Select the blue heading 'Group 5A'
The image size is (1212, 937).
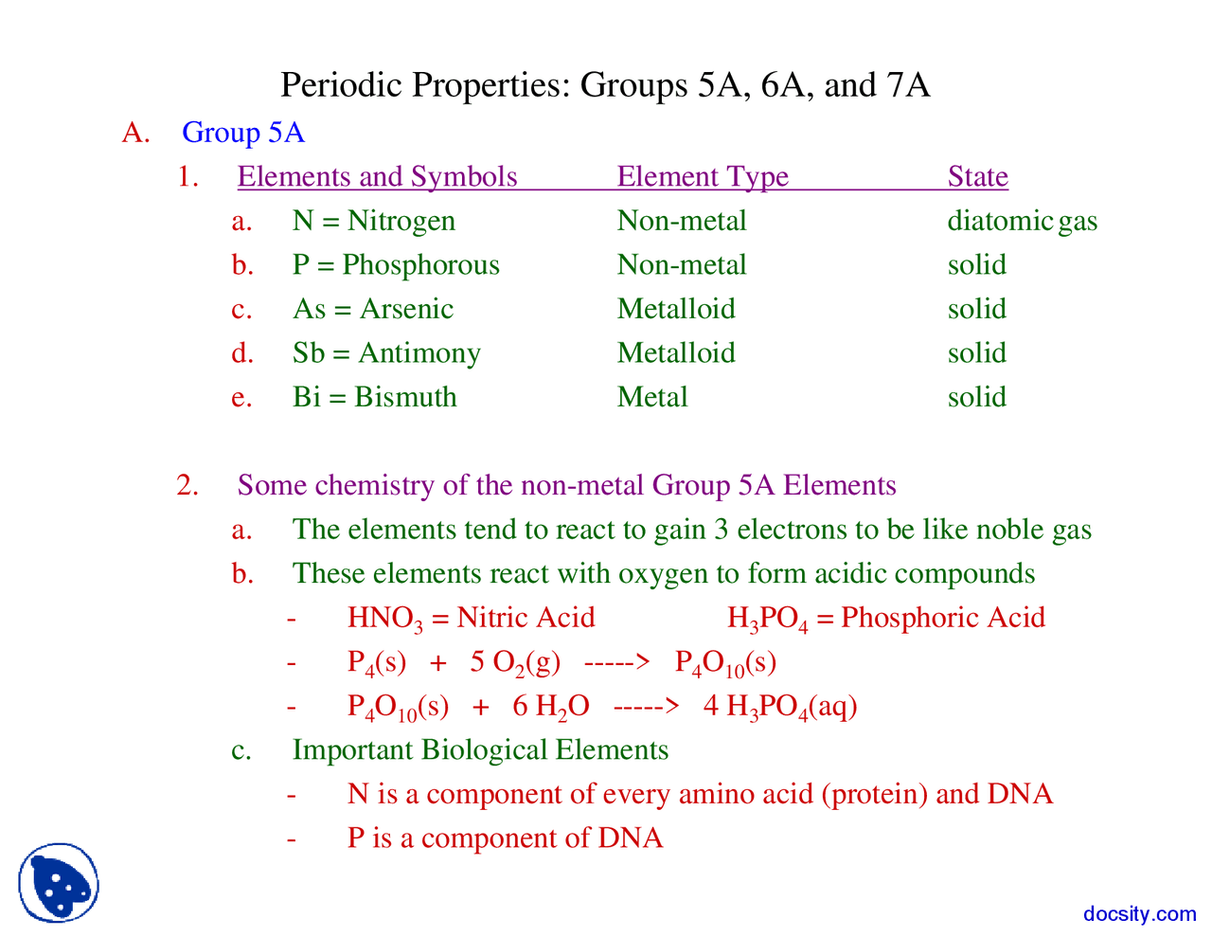pos(243,133)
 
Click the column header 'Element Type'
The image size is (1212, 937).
pos(703,177)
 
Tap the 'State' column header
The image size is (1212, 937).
pos(977,177)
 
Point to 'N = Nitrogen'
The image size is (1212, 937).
pos(373,221)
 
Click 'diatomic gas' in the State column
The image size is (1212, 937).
pos(1022,221)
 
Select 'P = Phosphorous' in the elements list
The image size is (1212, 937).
pos(396,265)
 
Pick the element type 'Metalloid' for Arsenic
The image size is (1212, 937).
pos(676,309)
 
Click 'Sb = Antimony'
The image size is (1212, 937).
pos(386,353)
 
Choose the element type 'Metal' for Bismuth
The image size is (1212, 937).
pos(652,397)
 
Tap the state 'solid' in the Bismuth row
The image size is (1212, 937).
pos(976,397)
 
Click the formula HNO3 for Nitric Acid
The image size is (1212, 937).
pos(384,619)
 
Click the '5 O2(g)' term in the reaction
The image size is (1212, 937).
pos(515,662)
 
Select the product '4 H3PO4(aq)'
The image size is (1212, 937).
pos(780,707)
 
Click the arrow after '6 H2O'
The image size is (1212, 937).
pos(646,707)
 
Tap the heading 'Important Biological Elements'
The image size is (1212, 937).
pos(480,750)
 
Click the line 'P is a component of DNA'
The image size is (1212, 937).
pos(505,838)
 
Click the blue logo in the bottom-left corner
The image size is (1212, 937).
pos(59,883)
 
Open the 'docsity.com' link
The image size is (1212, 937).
pos(1139,914)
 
